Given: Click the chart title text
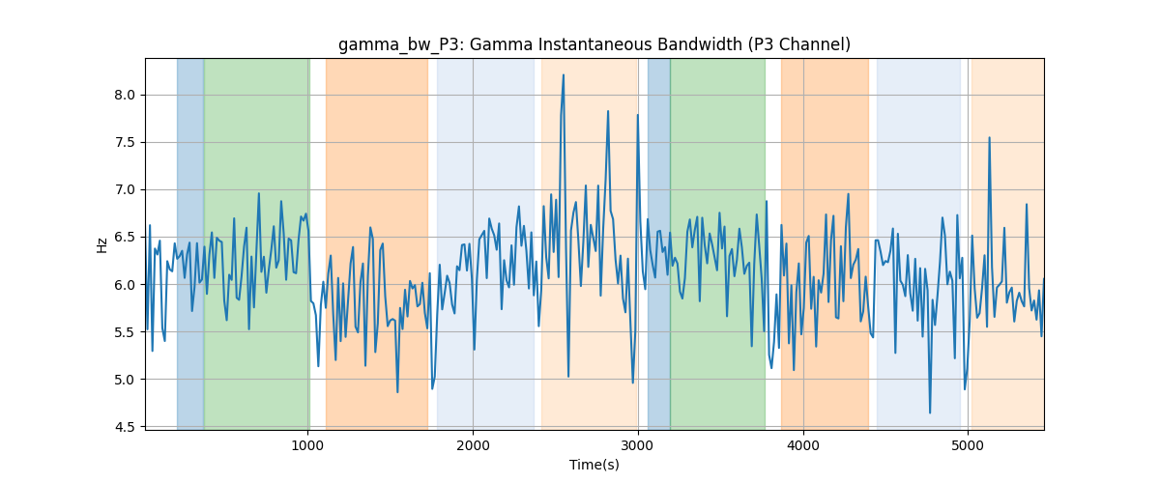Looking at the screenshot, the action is (594, 44).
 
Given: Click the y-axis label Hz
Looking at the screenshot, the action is (102, 245).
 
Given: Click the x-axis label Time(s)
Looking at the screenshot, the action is (594, 465).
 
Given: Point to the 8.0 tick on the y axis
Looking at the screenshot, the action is (125, 96).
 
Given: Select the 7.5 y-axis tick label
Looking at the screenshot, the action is (125, 142).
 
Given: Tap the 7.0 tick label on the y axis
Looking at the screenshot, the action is (125, 190).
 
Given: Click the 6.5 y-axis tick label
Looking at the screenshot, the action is (125, 237).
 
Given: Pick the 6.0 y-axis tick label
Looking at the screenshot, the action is (125, 285).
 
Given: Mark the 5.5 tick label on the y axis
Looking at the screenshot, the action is (125, 332).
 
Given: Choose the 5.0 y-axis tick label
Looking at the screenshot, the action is (125, 380).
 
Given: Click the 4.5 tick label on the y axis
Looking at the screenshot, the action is (125, 427).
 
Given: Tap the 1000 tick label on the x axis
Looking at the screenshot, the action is (308, 445).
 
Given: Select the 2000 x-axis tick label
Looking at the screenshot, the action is (473, 445).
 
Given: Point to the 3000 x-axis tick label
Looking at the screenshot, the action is (638, 445).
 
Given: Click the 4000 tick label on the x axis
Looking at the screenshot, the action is (803, 445).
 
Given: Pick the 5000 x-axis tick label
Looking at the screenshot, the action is (968, 445).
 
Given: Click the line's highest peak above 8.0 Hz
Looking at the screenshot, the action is (563, 75).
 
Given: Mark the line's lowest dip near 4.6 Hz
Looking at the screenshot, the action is (930, 412).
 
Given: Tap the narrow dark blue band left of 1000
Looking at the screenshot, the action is (190, 243).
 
